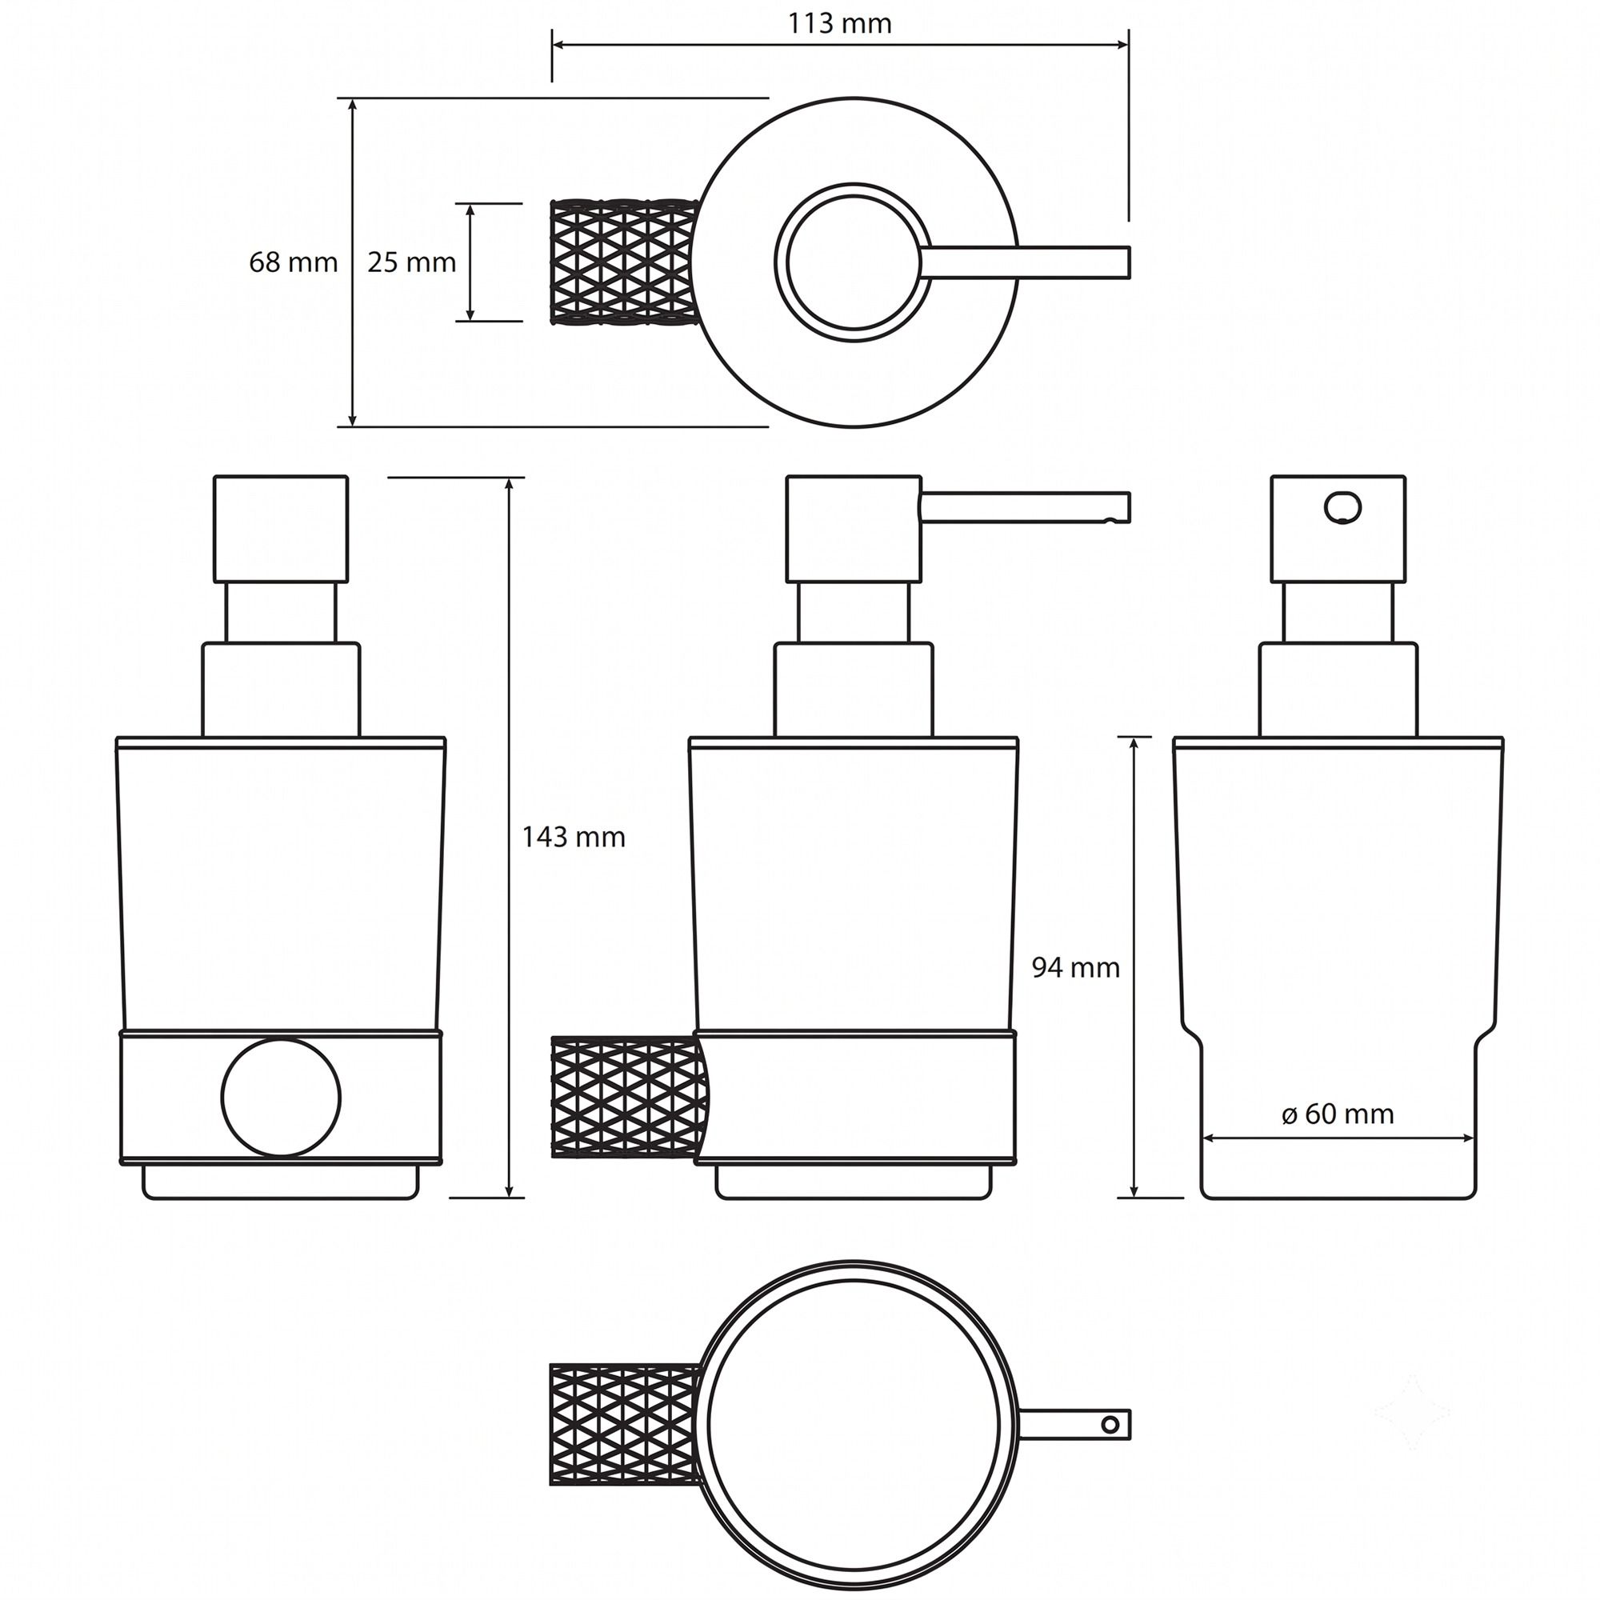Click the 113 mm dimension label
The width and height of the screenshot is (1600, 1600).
(839, 23)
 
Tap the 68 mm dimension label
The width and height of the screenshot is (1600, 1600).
(293, 262)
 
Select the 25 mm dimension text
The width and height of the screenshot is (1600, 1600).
(411, 262)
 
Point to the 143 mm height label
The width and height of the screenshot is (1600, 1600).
(573, 838)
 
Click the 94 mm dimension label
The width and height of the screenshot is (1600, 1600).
(1076, 967)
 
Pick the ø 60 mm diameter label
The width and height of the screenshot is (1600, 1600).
(1338, 1114)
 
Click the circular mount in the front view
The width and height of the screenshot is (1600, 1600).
(281, 1097)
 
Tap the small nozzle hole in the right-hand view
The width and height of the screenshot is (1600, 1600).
(1342, 507)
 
